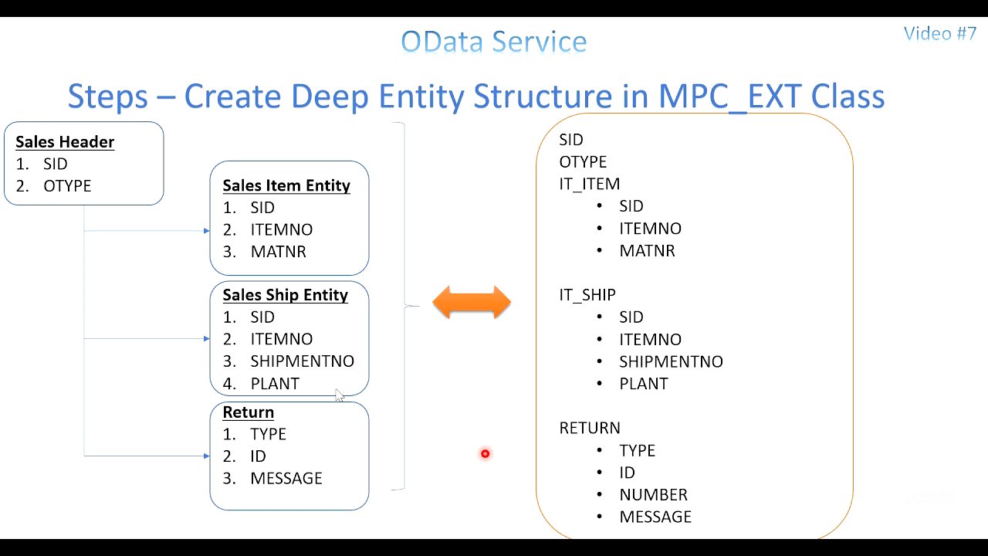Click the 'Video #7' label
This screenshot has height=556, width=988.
tap(939, 33)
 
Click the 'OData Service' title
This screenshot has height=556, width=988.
tap(494, 42)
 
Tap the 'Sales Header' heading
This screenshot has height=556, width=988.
tap(65, 142)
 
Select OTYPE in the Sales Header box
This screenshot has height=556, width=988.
tap(67, 186)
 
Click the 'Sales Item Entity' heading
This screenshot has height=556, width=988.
tap(286, 185)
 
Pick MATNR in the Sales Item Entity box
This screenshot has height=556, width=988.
tap(278, 252)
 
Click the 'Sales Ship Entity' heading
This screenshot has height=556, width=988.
tap(285, 295)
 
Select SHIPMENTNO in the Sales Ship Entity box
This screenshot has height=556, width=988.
tap(302, 361)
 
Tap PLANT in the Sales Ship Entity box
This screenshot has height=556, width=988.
tap(275, 384)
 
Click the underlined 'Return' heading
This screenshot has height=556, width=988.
tap(248, 412)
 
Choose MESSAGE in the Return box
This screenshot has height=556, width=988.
tap(286, 479)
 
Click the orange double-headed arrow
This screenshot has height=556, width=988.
tap(472, 302)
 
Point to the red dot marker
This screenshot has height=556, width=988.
tap(485, 454)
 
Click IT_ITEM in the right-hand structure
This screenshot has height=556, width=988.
tap(589, 184)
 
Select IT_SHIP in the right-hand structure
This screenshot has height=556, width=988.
tap(587, 295)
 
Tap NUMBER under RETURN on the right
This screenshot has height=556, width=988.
tap(653, 495)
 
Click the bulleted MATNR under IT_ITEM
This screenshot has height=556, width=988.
tap(647, 251)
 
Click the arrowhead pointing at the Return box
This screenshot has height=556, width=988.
tap(206, 456)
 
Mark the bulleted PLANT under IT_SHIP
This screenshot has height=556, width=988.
tap(643, 384)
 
